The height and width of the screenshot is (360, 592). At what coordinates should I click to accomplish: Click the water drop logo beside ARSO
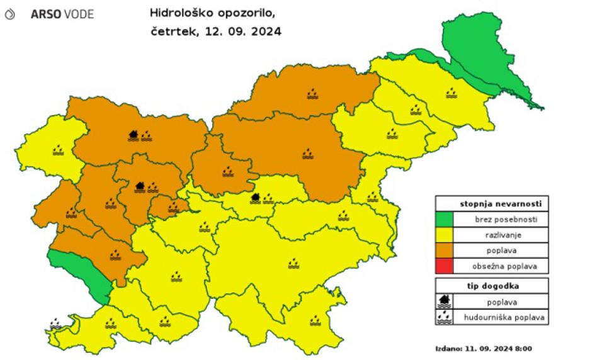click(9, 14)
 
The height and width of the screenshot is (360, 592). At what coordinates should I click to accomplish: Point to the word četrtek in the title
click(172, 31)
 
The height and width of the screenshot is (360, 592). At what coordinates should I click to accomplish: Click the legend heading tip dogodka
click(491, 286)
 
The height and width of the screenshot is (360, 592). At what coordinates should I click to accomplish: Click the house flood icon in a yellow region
click(255, 198)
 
